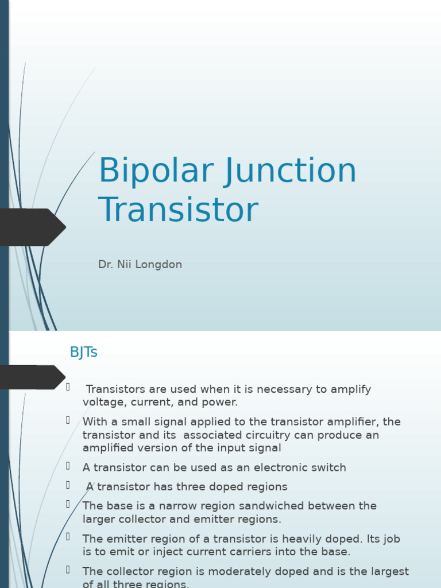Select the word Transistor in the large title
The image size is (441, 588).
[178, 210]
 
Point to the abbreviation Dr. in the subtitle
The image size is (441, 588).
[105, 265]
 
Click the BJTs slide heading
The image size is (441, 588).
[83, 353]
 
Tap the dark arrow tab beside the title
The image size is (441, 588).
[32, 227]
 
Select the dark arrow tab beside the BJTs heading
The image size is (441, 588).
[32, 377]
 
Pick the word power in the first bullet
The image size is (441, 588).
[221, 403]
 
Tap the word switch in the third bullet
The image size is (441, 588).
[327, 468]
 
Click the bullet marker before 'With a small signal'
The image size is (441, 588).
[68, 420]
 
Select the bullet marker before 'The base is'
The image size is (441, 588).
[68, 504]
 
